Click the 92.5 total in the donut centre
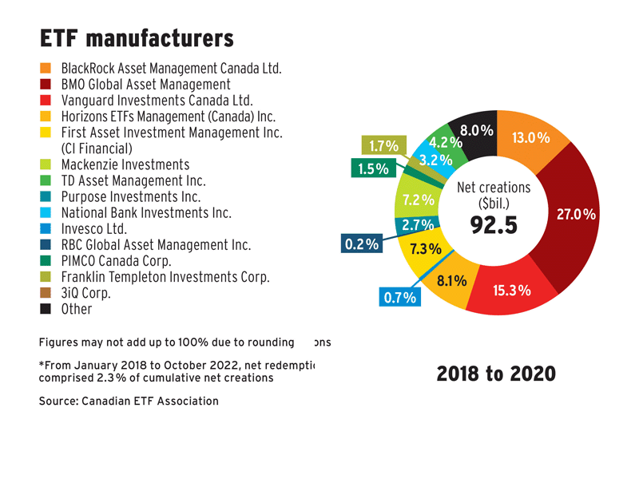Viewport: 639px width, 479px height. tap(494, 225)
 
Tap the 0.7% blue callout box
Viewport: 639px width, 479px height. tap(399, 299)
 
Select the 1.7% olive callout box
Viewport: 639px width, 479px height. tap(383, 146)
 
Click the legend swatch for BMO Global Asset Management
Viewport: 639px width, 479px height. tap(46, 85)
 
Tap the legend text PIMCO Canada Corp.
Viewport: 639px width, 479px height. tap(117, 261)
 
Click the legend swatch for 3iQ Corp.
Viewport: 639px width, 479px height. tap(46, 293)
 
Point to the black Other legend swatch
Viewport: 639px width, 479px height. tap(46, 309)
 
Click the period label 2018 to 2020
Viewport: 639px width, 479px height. tap(495, 374)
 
